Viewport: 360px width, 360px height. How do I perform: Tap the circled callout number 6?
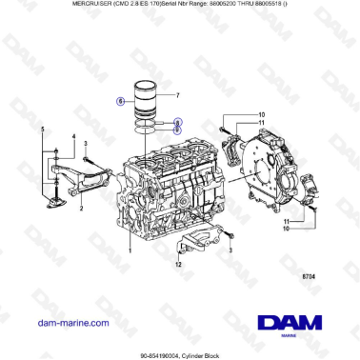[121, 100]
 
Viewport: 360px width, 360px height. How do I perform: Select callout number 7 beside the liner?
[177, 95]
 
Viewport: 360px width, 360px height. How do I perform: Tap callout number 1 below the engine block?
[129, 249]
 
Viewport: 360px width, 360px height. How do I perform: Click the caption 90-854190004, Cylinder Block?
[180, 353]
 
